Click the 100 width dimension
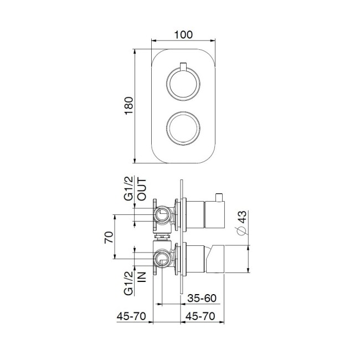183,34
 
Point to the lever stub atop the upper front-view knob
183,68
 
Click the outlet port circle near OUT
163,214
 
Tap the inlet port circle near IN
163,257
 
